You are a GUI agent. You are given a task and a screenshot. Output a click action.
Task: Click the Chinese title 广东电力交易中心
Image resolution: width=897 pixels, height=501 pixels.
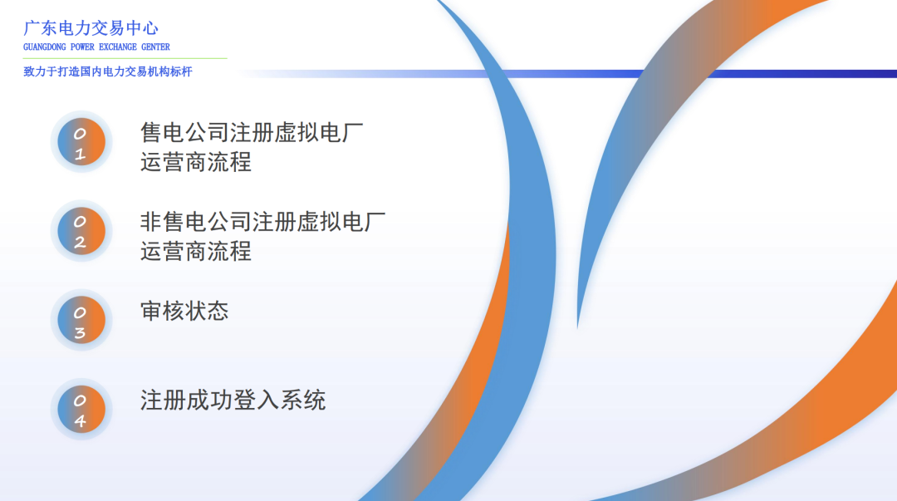[x=91, y=28]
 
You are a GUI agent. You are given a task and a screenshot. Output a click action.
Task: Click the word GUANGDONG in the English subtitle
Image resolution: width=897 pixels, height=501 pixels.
[x=47, y=47]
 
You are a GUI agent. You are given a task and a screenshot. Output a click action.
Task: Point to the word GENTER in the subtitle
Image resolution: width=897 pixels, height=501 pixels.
[x=155, y=47]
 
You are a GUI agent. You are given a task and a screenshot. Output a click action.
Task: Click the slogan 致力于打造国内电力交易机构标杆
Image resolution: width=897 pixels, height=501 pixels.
[x=108, y=72]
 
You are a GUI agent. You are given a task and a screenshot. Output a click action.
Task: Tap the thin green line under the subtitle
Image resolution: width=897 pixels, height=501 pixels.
[x=125, y=59]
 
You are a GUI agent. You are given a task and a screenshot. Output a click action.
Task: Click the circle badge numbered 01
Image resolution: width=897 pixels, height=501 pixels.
[x=81, y=142]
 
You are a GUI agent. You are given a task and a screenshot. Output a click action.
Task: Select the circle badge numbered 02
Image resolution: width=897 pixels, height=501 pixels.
[x=81, y=231]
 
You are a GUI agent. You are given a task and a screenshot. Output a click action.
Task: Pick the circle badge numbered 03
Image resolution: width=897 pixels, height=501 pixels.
[x=81, y=320]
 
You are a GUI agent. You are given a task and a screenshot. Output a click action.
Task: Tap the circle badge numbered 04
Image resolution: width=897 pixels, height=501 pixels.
[x=81, y=409]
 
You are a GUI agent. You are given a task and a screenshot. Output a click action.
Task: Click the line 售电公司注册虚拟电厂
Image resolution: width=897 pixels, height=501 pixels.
[x=252, y=133]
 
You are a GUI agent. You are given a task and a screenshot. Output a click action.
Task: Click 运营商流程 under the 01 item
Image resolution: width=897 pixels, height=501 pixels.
[x=196, y=162]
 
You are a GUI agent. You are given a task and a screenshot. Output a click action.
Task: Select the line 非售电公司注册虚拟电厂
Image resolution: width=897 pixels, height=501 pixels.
[x=262, y=222]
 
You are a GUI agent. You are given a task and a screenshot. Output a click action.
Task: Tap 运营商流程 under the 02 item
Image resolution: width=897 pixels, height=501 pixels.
[x=196, y=251]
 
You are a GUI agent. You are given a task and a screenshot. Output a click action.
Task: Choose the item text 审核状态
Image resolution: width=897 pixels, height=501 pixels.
[x=184, y=312]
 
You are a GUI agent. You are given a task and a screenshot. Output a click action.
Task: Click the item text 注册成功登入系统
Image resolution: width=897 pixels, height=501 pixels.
[x=233, y=400]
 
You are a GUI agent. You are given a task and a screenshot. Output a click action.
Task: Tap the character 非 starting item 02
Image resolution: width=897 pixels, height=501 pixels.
[x=150, y=222]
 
